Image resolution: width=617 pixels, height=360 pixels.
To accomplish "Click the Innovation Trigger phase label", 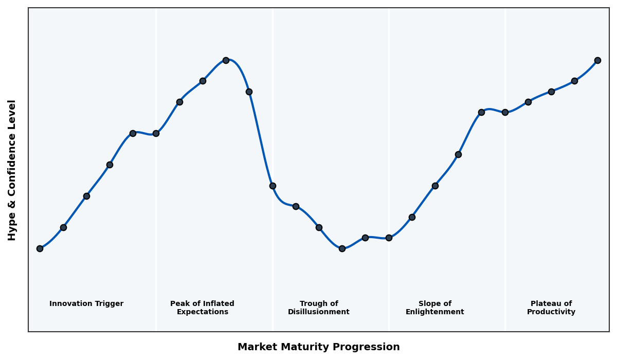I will (x=86, y=304).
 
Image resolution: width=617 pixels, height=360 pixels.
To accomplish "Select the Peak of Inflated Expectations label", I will (x=202, y=308).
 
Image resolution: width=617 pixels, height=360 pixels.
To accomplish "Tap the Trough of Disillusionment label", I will (x=318, y=308).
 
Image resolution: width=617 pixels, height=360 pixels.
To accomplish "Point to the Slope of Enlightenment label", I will (x=434, y=308).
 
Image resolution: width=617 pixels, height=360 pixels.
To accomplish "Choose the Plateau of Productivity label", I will (x=551, y=308).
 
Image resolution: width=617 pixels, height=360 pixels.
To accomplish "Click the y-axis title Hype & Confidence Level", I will (x=12, y=170).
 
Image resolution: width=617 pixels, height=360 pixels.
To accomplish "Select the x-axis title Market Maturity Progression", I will (x=318, y=347).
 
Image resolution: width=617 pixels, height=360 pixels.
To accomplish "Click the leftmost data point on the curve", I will (x=40, y=248).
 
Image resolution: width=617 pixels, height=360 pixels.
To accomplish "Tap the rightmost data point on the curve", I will (x=597, y=60).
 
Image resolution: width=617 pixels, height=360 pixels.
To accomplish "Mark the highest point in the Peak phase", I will (x=226, y=60).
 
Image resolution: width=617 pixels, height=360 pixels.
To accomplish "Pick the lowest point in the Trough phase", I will (x=342, y=248).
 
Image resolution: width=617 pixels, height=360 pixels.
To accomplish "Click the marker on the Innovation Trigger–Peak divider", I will (x=156, y=133).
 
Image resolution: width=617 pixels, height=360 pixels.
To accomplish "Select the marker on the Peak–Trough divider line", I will (x=273, y=186).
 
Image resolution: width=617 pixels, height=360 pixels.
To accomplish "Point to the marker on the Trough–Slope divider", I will (x=389, y=238).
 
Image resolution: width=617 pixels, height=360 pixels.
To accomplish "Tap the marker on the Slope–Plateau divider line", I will (x=505, y=112).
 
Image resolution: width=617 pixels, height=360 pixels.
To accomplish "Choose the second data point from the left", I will (x=63, y=227).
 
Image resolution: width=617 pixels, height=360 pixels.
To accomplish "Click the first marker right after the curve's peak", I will (x=249, y=92).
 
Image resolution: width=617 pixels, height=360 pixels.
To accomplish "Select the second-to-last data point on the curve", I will (x=574, y=81).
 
